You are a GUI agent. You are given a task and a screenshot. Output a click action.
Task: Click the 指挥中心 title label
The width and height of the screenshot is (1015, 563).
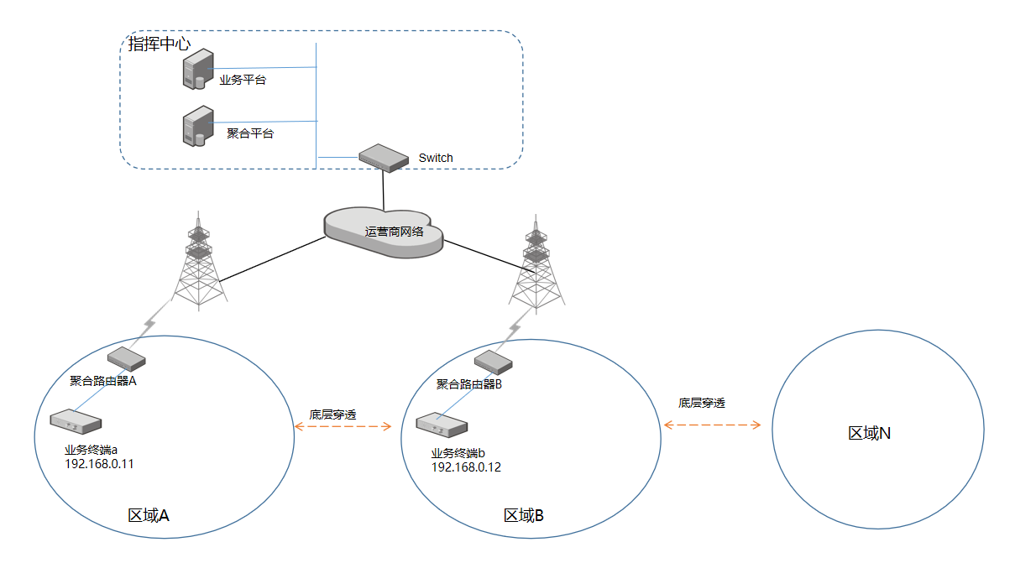coord(159,44)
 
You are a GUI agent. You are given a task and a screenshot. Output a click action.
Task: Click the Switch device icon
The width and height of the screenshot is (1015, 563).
coord(382,157)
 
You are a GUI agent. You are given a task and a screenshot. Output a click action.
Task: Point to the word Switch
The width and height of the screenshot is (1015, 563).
coord(436,158)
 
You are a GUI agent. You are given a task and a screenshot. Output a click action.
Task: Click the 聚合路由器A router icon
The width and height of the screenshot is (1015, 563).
coord(127,359)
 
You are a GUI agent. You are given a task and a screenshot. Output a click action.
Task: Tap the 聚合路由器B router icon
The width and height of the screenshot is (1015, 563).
coord(493,362)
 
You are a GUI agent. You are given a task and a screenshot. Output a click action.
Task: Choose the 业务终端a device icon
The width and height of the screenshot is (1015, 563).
coord(76,421)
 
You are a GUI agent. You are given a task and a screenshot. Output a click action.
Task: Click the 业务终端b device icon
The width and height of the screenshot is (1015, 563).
coord(440,425)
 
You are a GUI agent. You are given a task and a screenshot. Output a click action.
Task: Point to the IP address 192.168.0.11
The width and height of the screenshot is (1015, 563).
coord(99,462)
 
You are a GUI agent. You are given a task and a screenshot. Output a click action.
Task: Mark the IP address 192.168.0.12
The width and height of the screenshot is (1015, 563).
coord(466,467)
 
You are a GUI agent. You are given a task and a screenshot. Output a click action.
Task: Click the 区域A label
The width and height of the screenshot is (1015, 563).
coord(149,515)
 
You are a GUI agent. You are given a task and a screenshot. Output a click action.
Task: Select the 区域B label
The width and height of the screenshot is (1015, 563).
coord(524,515)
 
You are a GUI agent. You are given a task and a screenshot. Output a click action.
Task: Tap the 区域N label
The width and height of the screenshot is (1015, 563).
coord(870,433)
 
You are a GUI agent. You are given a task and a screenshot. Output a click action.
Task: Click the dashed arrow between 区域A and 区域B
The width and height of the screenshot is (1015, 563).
coord(343,427)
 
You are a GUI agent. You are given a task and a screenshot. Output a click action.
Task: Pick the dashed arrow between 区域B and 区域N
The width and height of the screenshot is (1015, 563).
coord(710,425)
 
